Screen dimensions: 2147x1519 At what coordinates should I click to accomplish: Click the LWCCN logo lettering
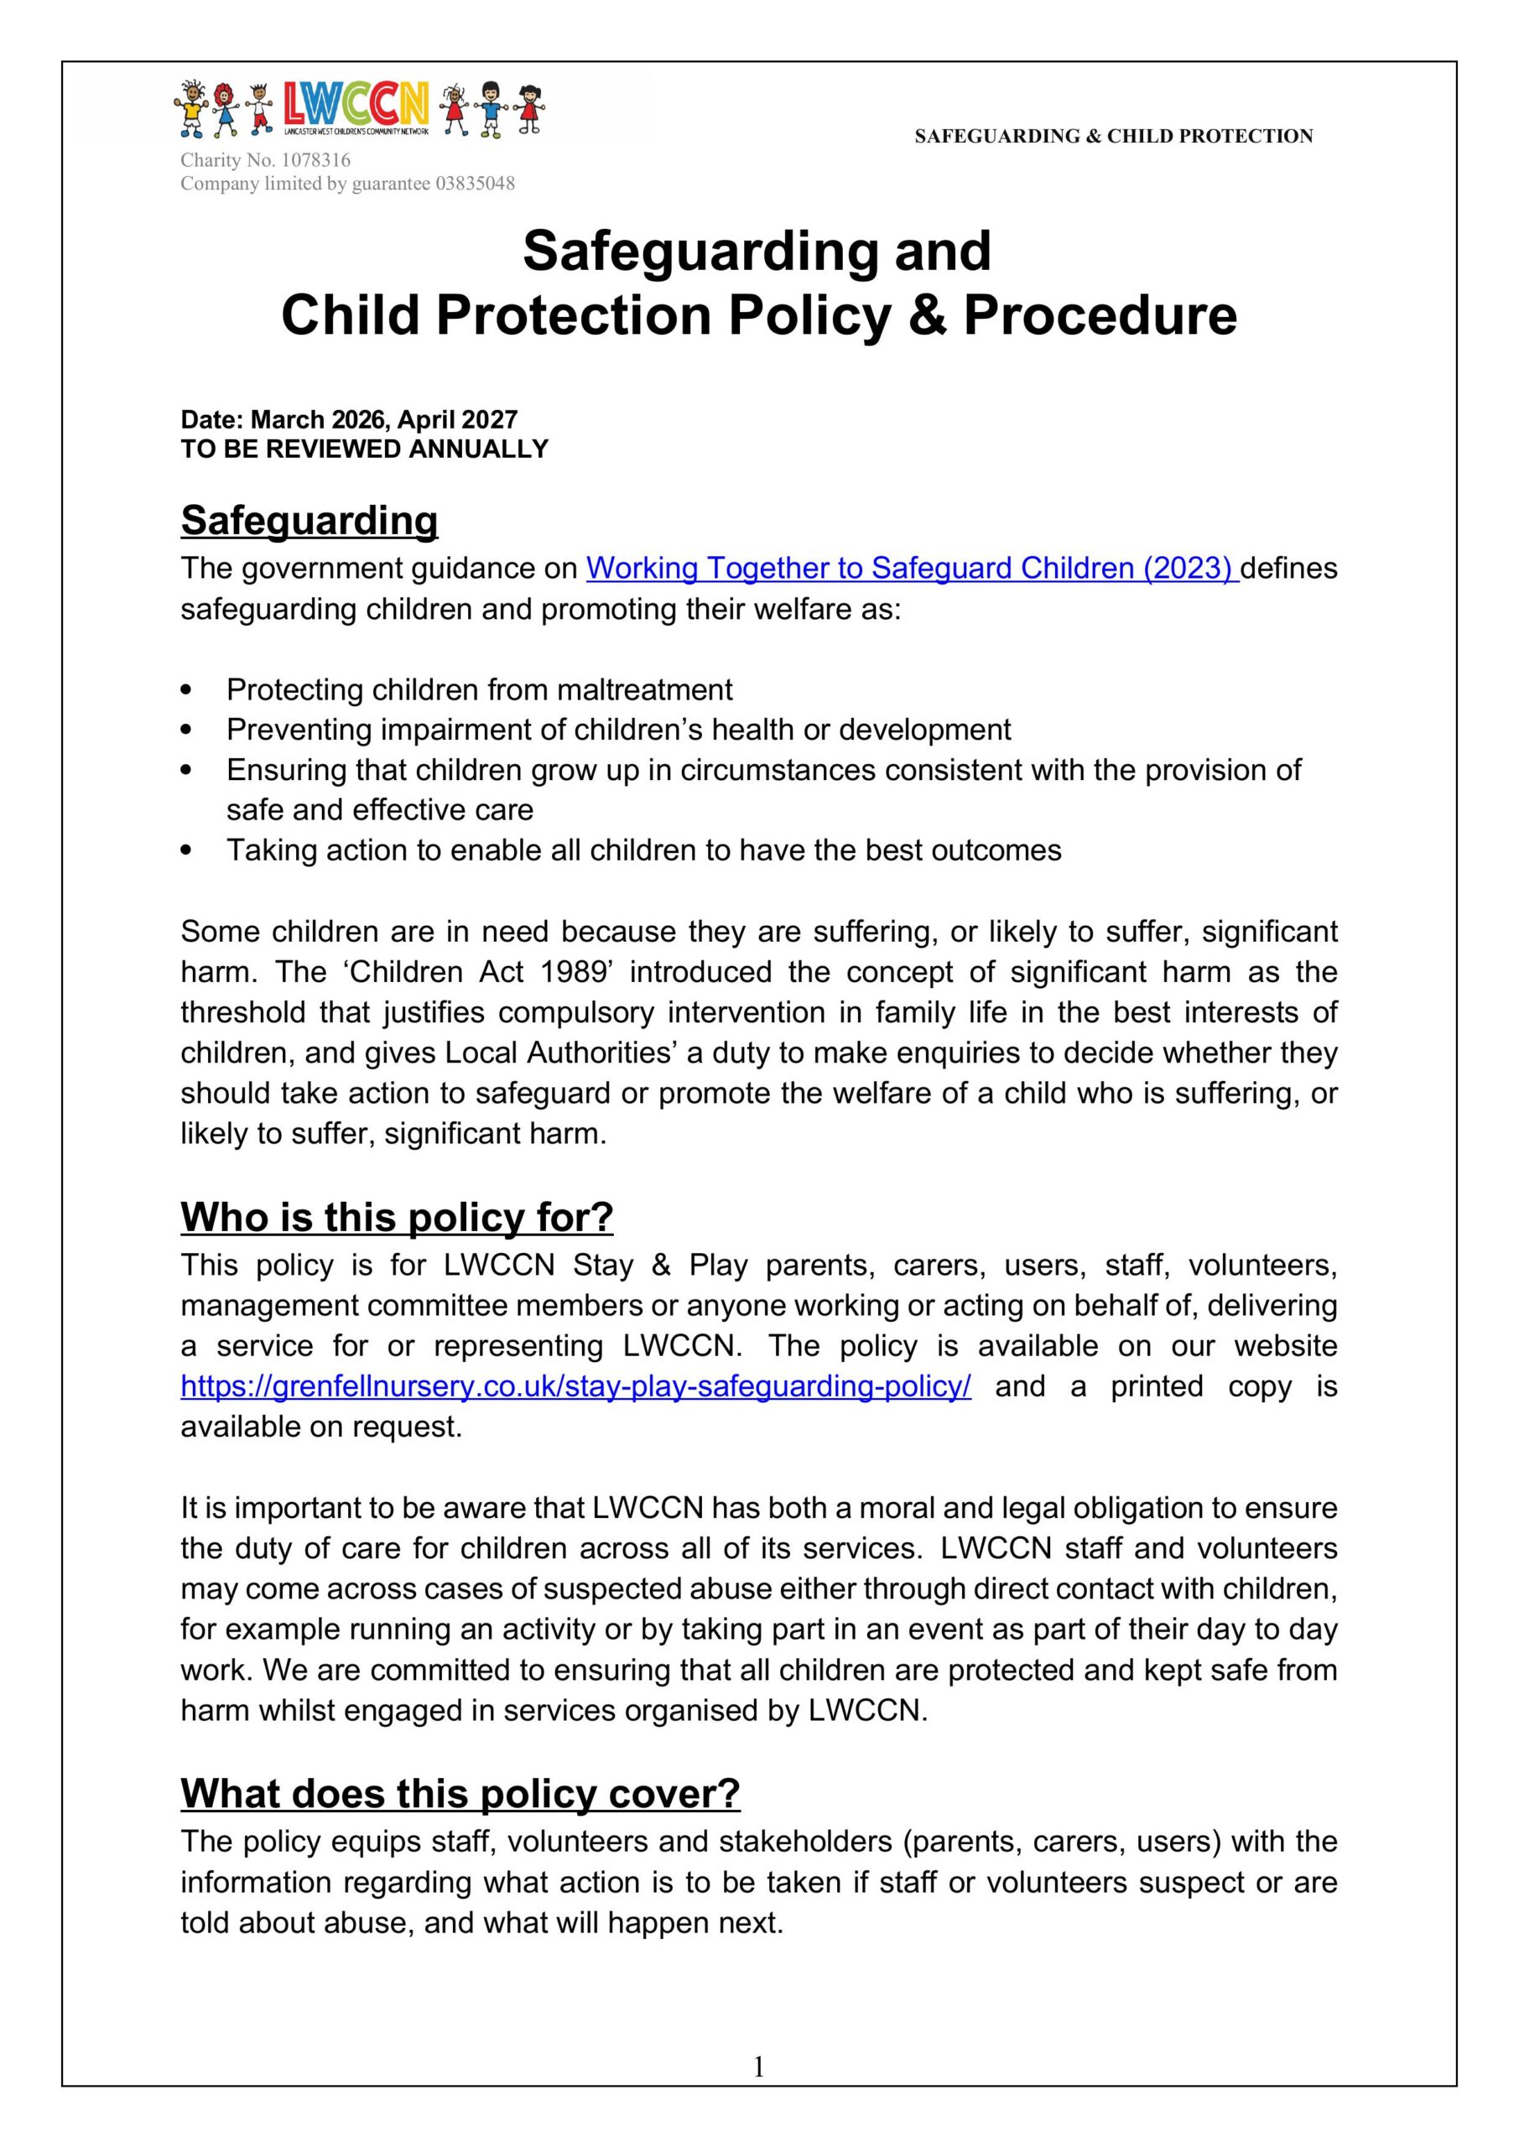[x=356, y=105]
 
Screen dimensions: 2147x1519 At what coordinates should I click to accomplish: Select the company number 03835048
[x=475, y=185]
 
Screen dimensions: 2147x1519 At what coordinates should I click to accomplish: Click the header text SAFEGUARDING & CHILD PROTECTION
[x=1113, y=137]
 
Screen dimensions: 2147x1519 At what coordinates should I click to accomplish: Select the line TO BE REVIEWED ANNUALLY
[x=364, y=450]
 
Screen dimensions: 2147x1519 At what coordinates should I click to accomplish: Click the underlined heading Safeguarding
[x=309, y=521]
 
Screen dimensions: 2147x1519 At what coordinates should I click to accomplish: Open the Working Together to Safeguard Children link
[x=912, y=569]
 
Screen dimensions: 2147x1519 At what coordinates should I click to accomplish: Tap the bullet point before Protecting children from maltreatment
[x=189, y=690]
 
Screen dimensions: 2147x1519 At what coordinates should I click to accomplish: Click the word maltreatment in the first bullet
[x=644, y=690]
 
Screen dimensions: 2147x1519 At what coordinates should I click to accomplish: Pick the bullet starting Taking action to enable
[x=643, y=850]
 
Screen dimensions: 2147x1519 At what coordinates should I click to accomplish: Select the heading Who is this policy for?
[x=397, y=1218]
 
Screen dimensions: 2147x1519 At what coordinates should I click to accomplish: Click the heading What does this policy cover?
[x=460, y=1794]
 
